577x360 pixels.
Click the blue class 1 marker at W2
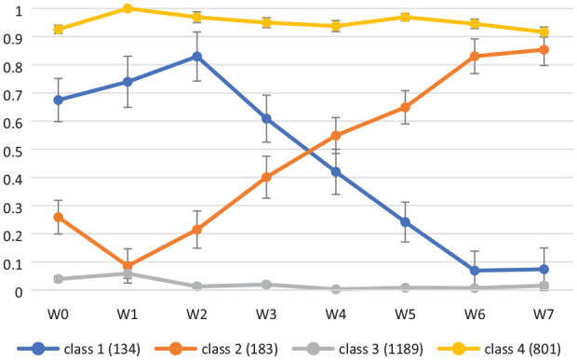click(x=197, y=57)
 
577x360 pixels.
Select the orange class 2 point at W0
click(x=58, y=217)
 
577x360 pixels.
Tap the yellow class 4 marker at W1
click(x=127, y=8)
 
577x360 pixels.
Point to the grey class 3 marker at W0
click(x=58, y=279)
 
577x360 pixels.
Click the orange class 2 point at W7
click(x=543, y=49)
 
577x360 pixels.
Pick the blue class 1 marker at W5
click(x=405, y=222)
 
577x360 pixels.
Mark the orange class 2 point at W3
click(x=266, y=178)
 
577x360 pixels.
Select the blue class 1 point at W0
click(x=58, y=100)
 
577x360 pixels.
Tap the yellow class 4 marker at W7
click(x=543, y=33)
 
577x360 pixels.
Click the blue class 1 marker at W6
click(x=475, y=271)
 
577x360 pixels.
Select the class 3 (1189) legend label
click(x=381, y=349)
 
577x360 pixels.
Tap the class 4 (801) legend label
click(x=522, y=349)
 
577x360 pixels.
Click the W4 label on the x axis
click(x=336, y=314)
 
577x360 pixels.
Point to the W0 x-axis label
click(x=58, y=314)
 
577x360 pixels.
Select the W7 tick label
click(x=543, y=314)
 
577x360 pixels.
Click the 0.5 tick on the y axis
click(x=12, y=151)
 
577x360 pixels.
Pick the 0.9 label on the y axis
click(x=12, y=38)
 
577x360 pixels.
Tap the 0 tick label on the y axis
click(x=18, y=292)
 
